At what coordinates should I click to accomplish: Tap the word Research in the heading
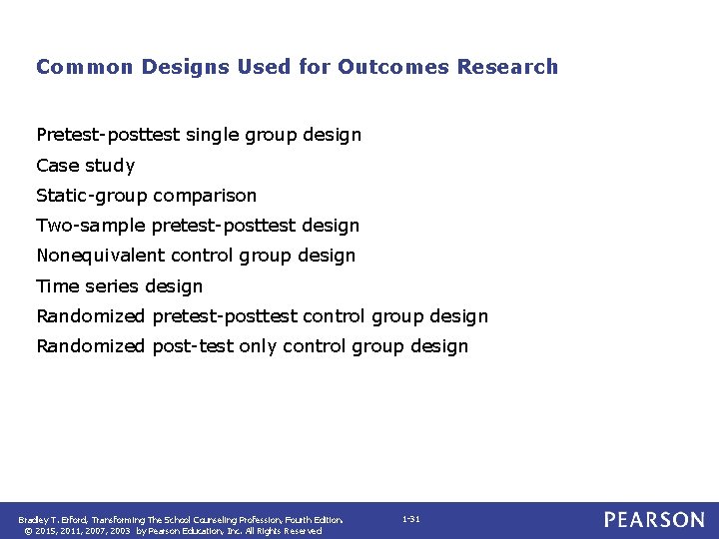pyautogui.click(x=507, y=67)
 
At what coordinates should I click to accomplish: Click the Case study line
pyautogui.click(x=85, y=166)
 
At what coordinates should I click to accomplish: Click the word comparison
pyautogui.click(x=205, y=196)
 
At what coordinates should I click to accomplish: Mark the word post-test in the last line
pyautogui.click(x=194, y=346)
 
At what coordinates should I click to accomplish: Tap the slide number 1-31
pyautogui.click(x=410, y=520)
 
